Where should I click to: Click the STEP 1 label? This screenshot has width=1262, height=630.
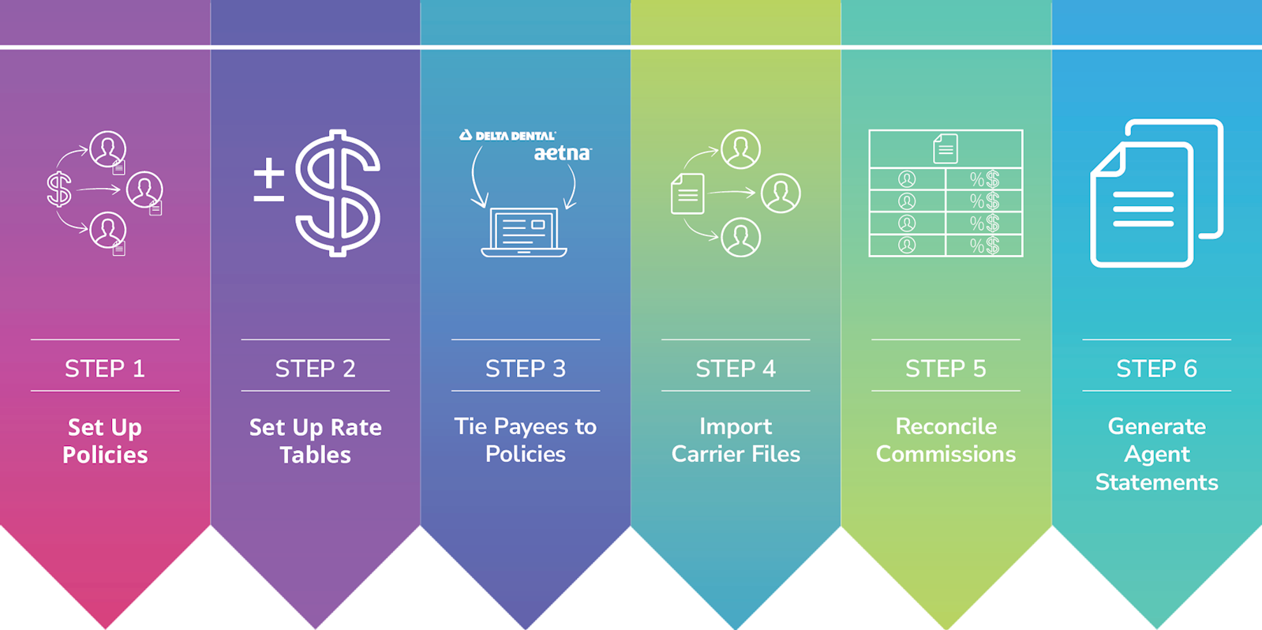pyautogui.click(x=105, y=369)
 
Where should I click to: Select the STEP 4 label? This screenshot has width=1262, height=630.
pyautogui.click(x=736, y=369)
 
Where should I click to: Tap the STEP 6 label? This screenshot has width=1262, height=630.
pyautogui.click(x=1156, y=369)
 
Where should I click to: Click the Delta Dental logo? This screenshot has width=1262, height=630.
pyautogui.click(x=508, y=136)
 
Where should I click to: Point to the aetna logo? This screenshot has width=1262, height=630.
pyautogui.click(x=562, y=153)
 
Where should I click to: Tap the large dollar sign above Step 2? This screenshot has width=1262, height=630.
pyautogui.click(x=338, y=193)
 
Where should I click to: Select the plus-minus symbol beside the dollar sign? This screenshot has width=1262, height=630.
pyautogui.click(x=268, y=180)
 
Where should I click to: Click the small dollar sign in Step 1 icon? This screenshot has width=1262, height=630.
pyautogui.click(x=59, y=189)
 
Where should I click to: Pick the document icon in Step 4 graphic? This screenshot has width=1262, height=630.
pyautogui.click(x=687, y=193)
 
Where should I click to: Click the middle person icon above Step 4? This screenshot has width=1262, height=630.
pyautogui.click(x=781, y=193)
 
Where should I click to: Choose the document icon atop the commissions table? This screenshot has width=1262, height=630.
pyautogui.click(x=945, y=148)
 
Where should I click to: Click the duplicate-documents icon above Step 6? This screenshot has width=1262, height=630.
pyautogui.click(x=1156, y=193)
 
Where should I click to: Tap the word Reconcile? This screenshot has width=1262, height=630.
pyautogui.click(x=946, y=426)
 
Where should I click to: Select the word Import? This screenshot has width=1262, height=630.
pyautogui.click(x=736, y=427)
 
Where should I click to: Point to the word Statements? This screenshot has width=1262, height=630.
pyautogui.click(x=1156, y=482)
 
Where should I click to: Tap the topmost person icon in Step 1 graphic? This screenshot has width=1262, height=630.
pyautogui.click(x=107, y=148)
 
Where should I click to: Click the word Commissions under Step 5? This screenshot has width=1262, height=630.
pyautogui.click(x=946, y=454)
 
